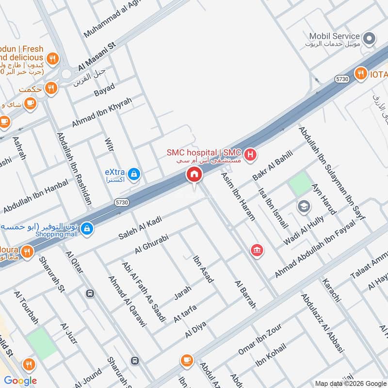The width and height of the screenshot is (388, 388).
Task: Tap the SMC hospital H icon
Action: pos(250,155)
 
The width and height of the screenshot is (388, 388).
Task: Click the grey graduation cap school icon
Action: pos(304,206)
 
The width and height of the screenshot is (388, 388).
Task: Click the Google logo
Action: pos(20,381)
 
